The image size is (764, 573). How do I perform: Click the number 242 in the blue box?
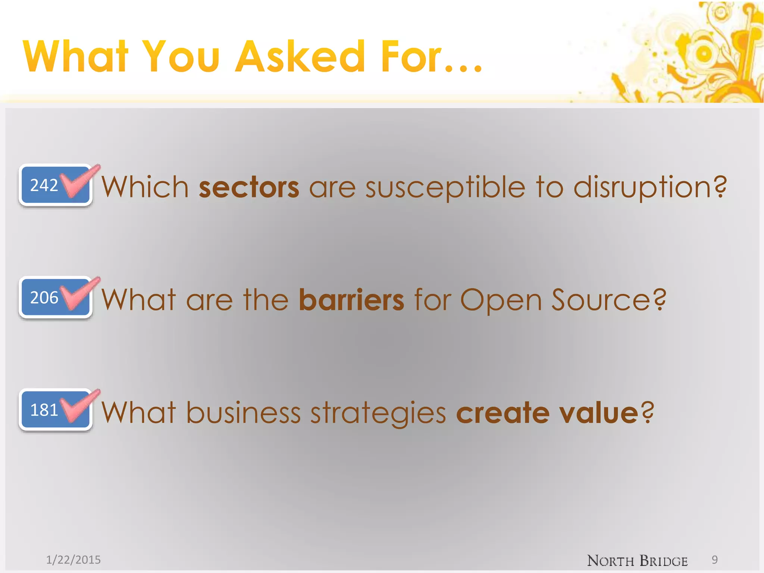[44, 185]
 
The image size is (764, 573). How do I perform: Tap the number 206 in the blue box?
[44, 298]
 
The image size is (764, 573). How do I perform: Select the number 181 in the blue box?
[44, 410]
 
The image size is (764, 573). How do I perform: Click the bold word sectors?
[249, 187]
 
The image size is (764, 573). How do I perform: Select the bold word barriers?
[351, 300]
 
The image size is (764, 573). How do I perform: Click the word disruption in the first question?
[649, 187]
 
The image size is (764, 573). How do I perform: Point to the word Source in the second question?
[608, 300]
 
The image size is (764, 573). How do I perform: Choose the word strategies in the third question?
[378, 413]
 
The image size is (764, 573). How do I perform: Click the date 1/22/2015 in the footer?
[73, 560]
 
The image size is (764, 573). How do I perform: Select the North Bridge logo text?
[637, 561]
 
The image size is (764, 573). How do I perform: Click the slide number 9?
[714, 560]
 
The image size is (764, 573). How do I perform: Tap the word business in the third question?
[243, 413]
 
